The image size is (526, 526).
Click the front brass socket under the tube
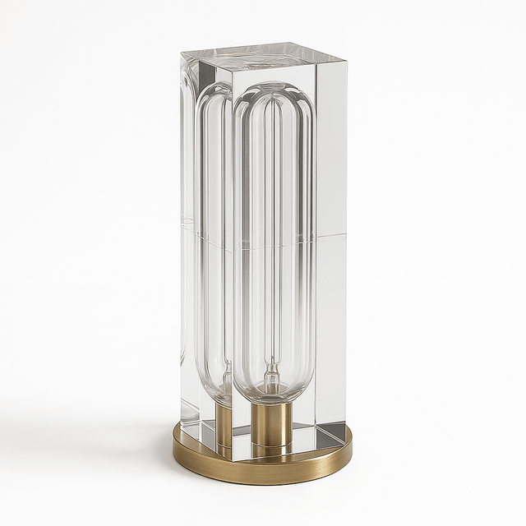click(x=271, y=423)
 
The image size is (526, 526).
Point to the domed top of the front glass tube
click(x=274, y=92)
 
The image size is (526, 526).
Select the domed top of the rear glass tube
click(x=215, y=92)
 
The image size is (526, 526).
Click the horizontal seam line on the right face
click(x=331, y=236)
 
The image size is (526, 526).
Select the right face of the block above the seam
click(x=331, y=148)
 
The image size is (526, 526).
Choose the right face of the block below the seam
click(x=331, y=329)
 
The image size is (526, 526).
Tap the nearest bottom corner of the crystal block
click(x=233, y=458)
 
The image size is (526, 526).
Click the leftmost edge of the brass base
click(x=173, y=448)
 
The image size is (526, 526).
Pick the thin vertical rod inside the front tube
click(x=272, y=247)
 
